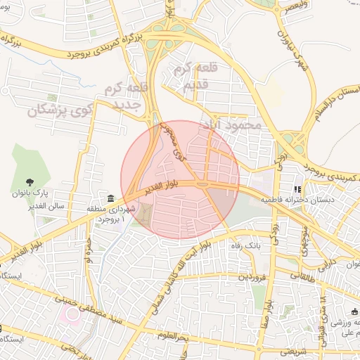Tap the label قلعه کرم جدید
click(124, 97)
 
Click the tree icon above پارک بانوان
click(30, 183)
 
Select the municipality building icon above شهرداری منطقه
click(110, 199)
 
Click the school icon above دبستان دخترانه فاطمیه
click(298, 189)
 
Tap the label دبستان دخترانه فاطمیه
click(297, 200)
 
